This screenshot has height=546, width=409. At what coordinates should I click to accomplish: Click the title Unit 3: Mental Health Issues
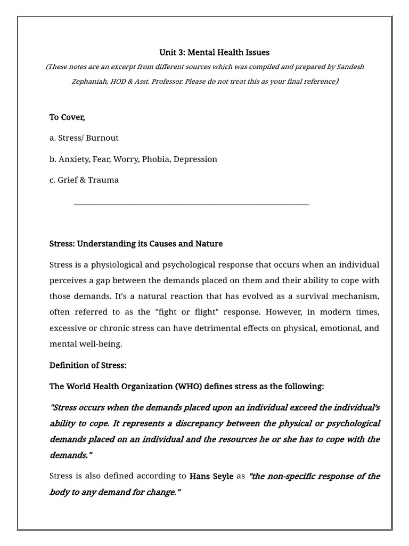click(215, 52)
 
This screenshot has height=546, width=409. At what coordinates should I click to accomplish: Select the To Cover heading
click(67, 117)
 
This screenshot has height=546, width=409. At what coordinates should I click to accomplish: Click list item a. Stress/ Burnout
click(84, 138)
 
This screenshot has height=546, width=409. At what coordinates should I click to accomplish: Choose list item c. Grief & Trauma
click(84, 180)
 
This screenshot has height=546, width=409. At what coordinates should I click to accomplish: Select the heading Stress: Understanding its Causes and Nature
click(136, 244)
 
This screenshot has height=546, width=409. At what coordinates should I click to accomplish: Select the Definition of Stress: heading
click(88, 365)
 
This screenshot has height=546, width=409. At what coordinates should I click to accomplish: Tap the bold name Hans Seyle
click(211, 476)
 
